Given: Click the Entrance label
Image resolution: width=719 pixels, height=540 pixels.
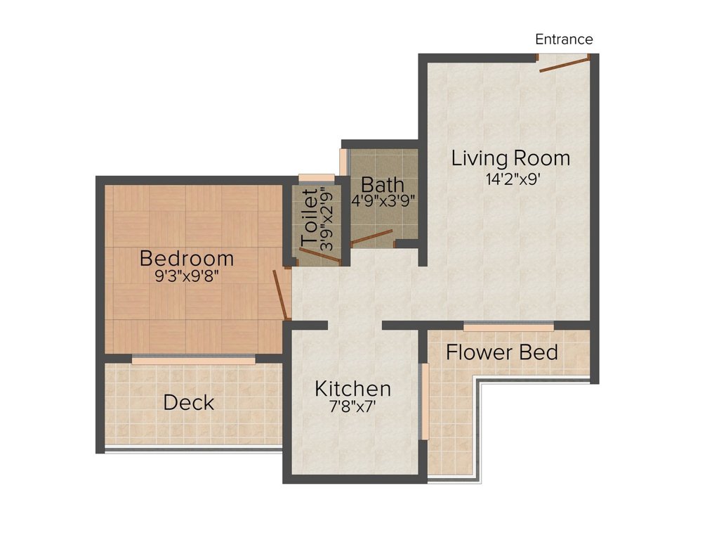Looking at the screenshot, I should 564,39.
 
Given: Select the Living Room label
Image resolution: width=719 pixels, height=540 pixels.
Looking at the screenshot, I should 510,157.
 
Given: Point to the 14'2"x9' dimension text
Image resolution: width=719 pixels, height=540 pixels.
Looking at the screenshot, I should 511,179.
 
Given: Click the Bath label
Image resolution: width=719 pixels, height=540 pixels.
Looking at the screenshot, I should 383,185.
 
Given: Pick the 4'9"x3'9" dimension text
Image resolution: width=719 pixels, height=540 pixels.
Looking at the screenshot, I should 383,200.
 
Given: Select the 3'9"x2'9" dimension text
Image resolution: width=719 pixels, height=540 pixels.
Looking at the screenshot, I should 325,219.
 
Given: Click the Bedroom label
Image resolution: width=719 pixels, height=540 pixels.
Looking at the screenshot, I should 187,258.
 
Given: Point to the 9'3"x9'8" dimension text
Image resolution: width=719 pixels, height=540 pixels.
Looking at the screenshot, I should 187,276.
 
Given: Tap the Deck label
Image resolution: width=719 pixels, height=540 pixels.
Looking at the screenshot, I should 188,403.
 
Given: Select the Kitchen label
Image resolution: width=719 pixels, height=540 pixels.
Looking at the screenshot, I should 352,389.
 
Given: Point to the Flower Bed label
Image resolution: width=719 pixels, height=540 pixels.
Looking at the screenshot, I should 502,352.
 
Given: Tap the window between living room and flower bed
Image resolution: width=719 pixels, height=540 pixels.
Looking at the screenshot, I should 508,326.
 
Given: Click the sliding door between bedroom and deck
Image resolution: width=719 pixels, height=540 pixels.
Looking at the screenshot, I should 193,360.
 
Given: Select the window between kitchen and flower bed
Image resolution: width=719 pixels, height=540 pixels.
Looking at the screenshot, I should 423,401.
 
